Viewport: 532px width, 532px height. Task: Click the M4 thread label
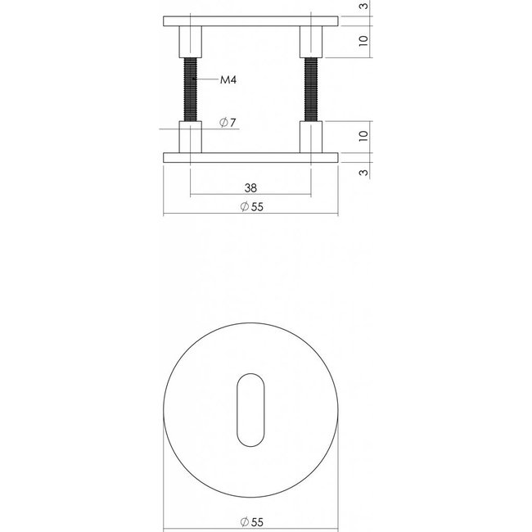(228, 80)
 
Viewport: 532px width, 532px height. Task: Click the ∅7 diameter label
(228, 124)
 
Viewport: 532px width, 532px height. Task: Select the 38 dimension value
(250, 186)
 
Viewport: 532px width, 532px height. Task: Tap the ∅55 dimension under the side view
(251, 207)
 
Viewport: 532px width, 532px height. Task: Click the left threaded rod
(190, 88)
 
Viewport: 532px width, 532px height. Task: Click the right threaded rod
(312, 88)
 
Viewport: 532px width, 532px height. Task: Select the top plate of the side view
(251, 20)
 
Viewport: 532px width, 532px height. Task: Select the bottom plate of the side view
(251, 157)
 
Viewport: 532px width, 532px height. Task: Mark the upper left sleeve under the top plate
(190, 39)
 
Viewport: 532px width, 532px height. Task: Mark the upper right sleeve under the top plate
(312, 39)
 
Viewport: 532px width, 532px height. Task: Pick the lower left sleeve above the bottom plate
(190, 137)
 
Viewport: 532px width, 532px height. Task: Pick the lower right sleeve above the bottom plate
(312, 137)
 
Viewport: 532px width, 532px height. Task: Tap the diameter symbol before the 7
(223, 124)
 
